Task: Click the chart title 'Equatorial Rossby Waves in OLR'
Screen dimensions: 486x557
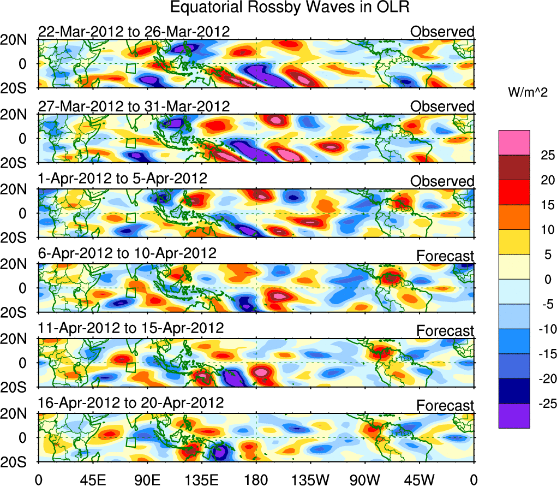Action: (x=290, y=8)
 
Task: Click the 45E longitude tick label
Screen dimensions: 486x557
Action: (x=92, y=479)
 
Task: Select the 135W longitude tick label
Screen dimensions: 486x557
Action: (x=310, y=479)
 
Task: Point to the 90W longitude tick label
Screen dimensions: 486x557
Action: (x=365, y=479)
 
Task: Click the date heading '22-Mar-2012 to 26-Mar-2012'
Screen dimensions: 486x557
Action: (x=134, y=31)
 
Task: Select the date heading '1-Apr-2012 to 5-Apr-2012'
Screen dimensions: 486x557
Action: (x=122, y=179)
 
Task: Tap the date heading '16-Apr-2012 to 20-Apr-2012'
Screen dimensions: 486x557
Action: (x=131, y=402)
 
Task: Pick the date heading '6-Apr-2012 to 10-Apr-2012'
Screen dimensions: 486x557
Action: (x=127, y=253)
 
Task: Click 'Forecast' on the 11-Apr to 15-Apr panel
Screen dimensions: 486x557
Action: (x=445, y=331)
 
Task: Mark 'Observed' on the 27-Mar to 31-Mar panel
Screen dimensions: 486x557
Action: (x=442, y=106)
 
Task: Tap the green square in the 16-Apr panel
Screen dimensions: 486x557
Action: (x=130, y=442)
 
